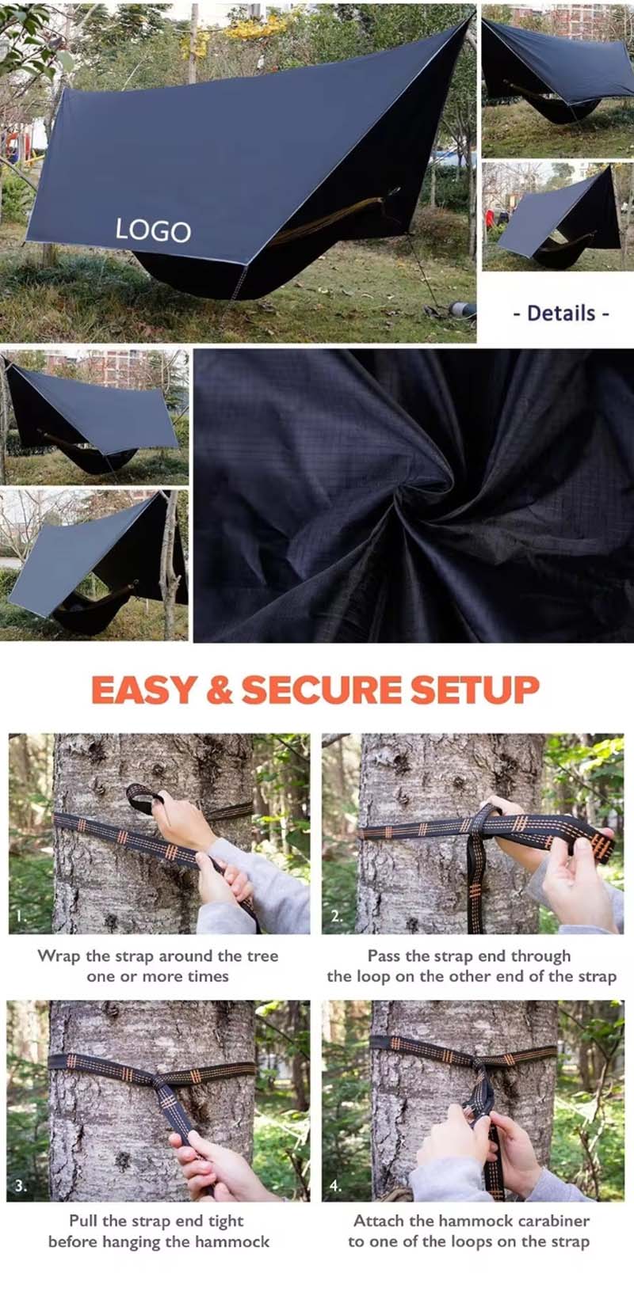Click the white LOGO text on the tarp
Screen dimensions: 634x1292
coord(153,230)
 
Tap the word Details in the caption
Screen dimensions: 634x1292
coord(561,313)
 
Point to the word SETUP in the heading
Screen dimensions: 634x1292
coord(474,690)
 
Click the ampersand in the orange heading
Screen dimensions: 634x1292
coord(220,690)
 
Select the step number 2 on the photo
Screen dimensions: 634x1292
coord(337,916)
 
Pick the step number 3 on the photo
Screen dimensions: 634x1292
coord(21,1186)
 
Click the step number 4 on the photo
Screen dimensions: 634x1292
coord(335,1186)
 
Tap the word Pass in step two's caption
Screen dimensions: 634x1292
coord(384,956)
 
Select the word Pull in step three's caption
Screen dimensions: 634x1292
coord(83,1221)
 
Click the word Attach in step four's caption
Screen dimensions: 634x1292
coord(376,1221)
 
